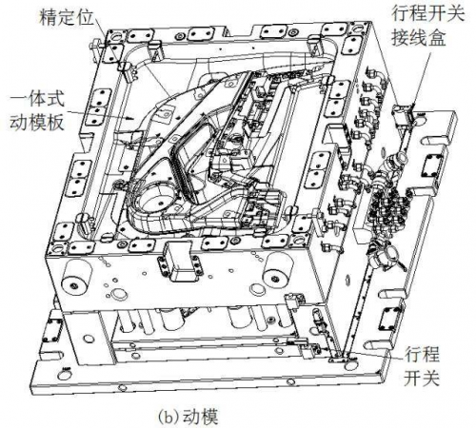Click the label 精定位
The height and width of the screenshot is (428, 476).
66,17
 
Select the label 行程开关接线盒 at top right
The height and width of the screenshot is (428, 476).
427,26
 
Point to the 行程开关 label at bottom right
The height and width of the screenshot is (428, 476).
422,365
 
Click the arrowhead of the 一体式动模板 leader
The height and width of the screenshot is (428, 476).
130,119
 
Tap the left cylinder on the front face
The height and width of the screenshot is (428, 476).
77,275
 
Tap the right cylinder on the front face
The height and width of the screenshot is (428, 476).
278,268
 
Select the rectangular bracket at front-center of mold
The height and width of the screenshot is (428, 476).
180,261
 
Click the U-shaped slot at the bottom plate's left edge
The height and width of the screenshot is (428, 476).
50,353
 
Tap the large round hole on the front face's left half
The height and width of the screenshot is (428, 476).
119,294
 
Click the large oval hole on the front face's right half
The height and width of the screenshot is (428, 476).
257,288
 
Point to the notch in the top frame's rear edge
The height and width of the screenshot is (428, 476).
241,30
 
